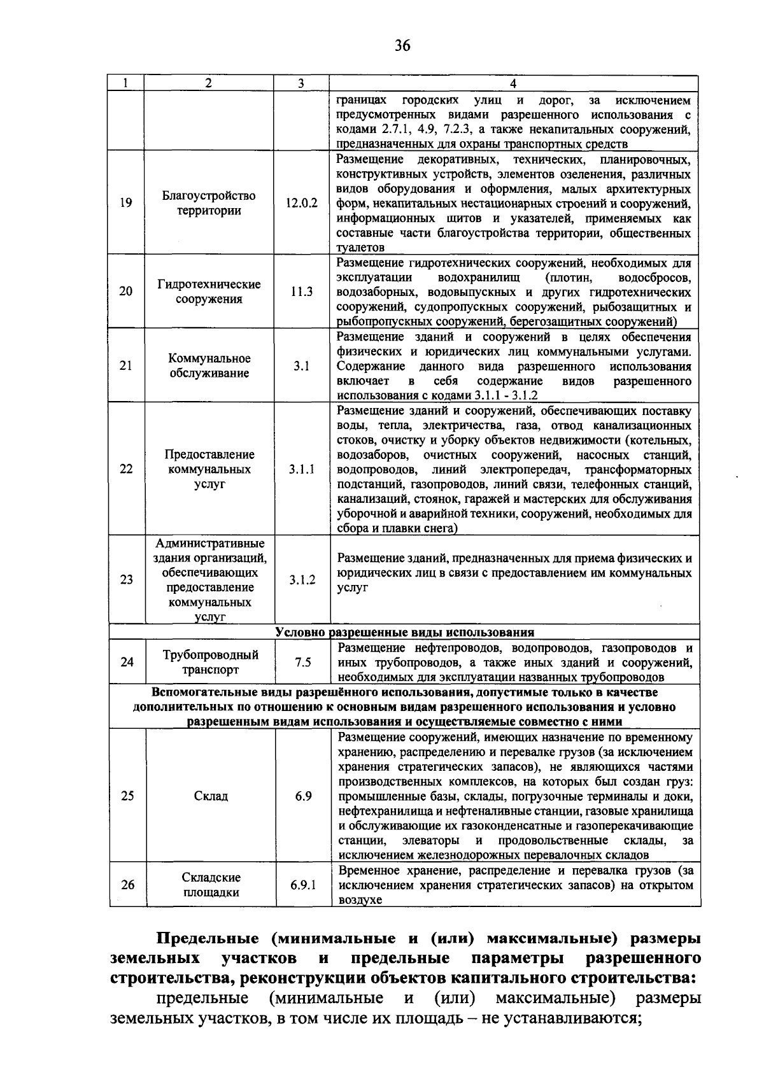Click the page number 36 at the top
402,45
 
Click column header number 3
301,83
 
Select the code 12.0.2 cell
301,203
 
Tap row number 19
126,203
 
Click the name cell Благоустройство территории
209,203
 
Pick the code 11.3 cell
302,292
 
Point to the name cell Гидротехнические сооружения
209,292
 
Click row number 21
126,365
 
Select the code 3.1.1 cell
302,469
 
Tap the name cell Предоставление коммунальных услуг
209,469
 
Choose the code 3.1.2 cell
302,580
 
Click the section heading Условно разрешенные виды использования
404,632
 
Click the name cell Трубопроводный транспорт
210,662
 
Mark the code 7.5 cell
303,662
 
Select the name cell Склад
211,796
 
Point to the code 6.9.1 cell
303,885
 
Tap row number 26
127,885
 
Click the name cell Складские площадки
211,885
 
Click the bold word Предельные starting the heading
207,939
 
